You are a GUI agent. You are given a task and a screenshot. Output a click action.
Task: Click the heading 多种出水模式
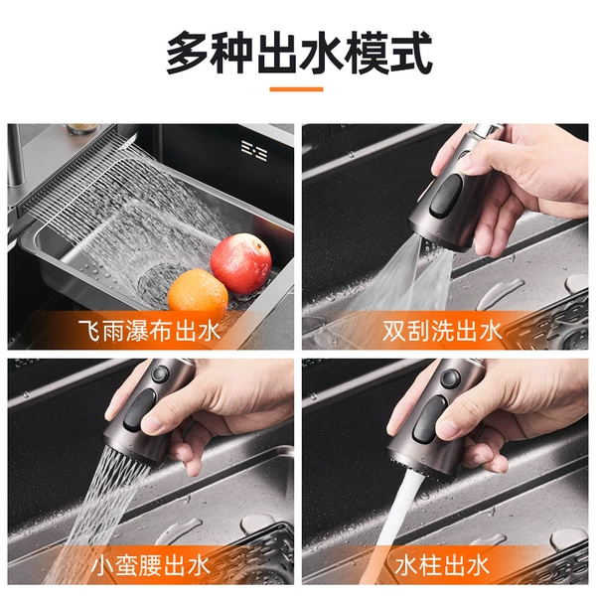point(299,52)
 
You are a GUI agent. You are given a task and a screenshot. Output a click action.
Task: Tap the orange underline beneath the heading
point(296,89)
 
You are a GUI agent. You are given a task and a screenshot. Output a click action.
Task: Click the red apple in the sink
point(241,264)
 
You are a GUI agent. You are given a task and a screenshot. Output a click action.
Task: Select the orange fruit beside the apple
point(198,291)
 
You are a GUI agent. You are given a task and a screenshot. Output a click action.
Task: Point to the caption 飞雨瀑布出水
point(149,331)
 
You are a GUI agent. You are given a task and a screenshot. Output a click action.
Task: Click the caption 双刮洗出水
point(442,331)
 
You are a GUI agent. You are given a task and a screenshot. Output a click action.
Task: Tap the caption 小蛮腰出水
point(151,565)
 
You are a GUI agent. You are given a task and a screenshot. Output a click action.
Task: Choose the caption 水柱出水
point(442,565)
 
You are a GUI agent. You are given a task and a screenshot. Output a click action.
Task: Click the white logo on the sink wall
point(254,151)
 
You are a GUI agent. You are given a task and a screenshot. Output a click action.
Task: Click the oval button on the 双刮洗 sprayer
point(446,196)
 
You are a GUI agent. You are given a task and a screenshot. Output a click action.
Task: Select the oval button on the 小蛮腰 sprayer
point(139,409)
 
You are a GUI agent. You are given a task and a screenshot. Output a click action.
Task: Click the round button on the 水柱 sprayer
point(450,378)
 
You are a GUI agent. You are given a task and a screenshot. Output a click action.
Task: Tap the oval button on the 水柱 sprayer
point(429,419)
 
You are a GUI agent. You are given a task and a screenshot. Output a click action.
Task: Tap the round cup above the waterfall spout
point(82,129)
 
